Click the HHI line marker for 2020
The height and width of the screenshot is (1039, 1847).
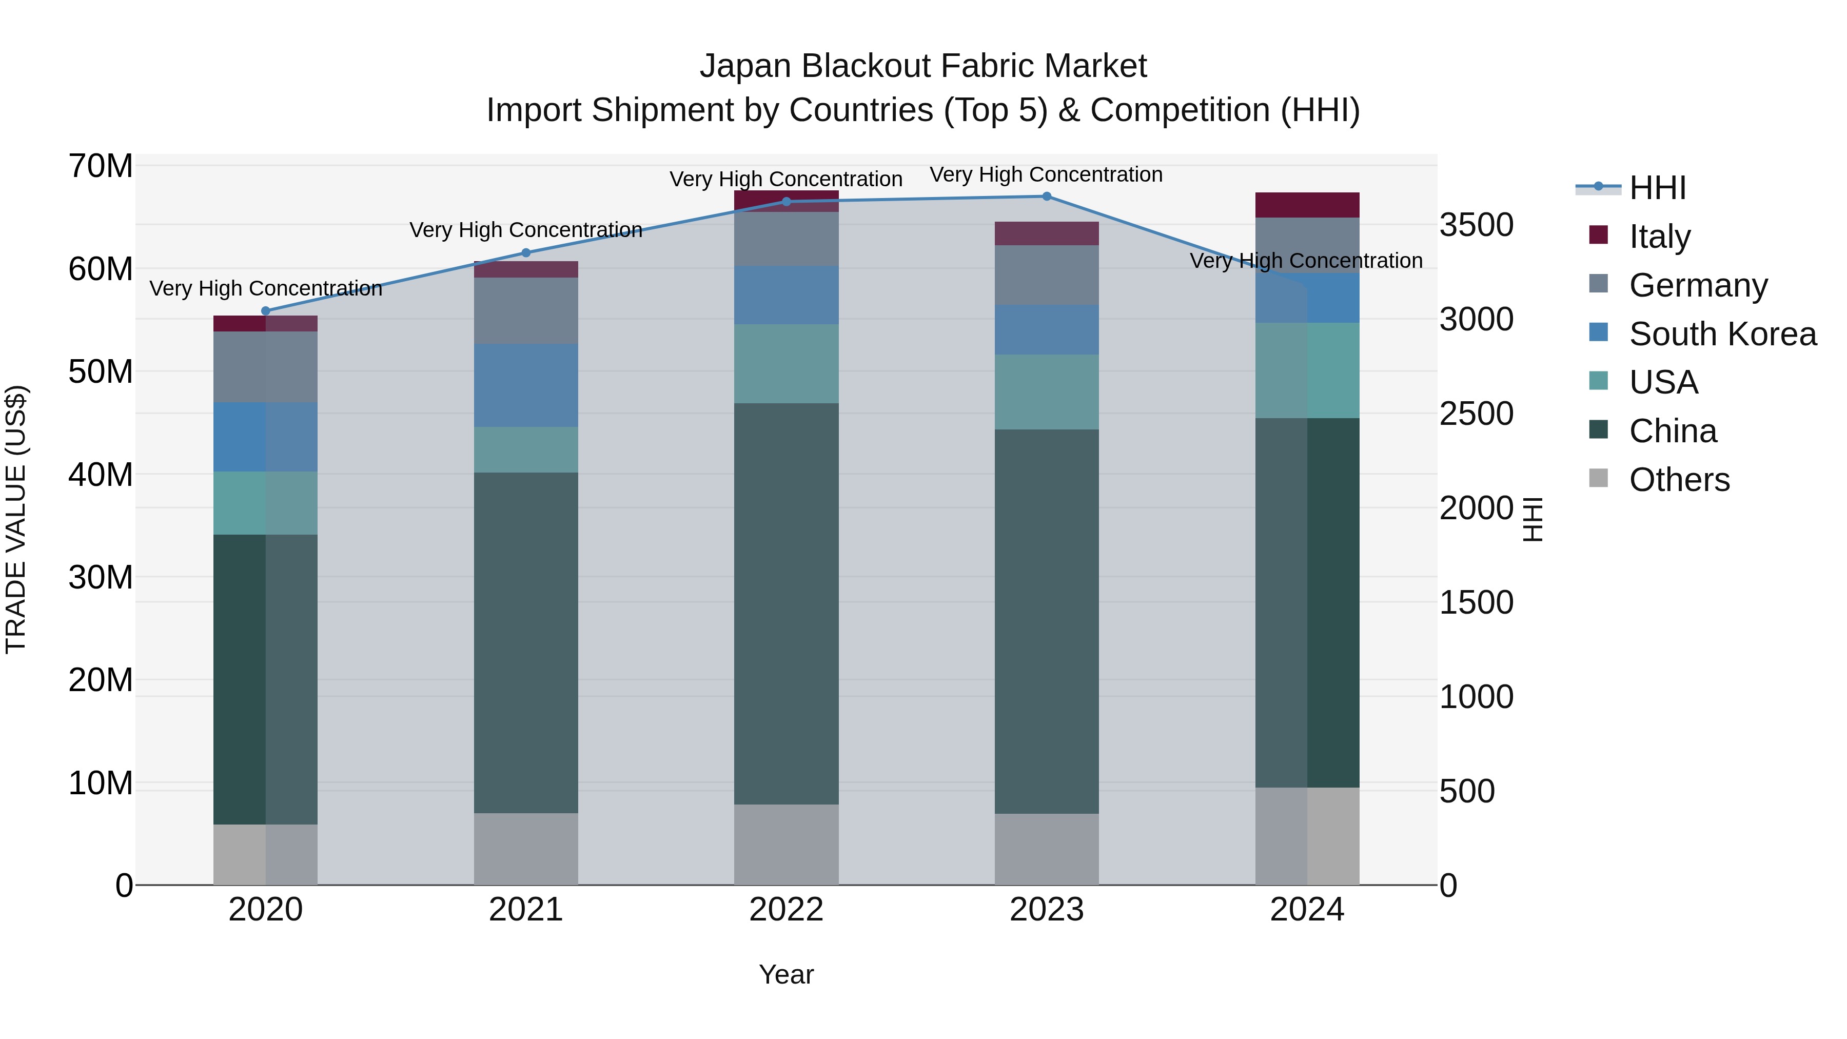click(265, 311)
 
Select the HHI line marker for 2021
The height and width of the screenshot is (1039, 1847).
click(525, 252)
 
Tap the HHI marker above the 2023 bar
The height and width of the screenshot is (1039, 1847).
click(1046, 197)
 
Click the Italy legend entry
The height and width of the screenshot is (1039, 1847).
click(1659, 237)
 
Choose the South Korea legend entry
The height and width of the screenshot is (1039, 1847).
click(1722, 334)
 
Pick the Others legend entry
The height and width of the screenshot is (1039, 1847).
click(1679, 480)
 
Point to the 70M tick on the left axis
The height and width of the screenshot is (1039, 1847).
click(101, 166)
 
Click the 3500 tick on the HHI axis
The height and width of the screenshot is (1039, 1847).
click(1476, 225)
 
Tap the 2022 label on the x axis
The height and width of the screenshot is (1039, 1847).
click(786, 910)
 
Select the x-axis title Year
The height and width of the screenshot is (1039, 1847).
click(786, 974)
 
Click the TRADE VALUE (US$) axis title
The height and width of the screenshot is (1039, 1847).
click(16, 519)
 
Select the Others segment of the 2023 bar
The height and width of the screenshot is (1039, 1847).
click(1046, 849)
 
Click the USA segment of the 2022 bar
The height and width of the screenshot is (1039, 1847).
click(786, 364)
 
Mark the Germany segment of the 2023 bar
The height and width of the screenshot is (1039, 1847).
click(1046, 276)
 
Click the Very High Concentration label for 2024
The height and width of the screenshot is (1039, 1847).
click(1306, 261)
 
